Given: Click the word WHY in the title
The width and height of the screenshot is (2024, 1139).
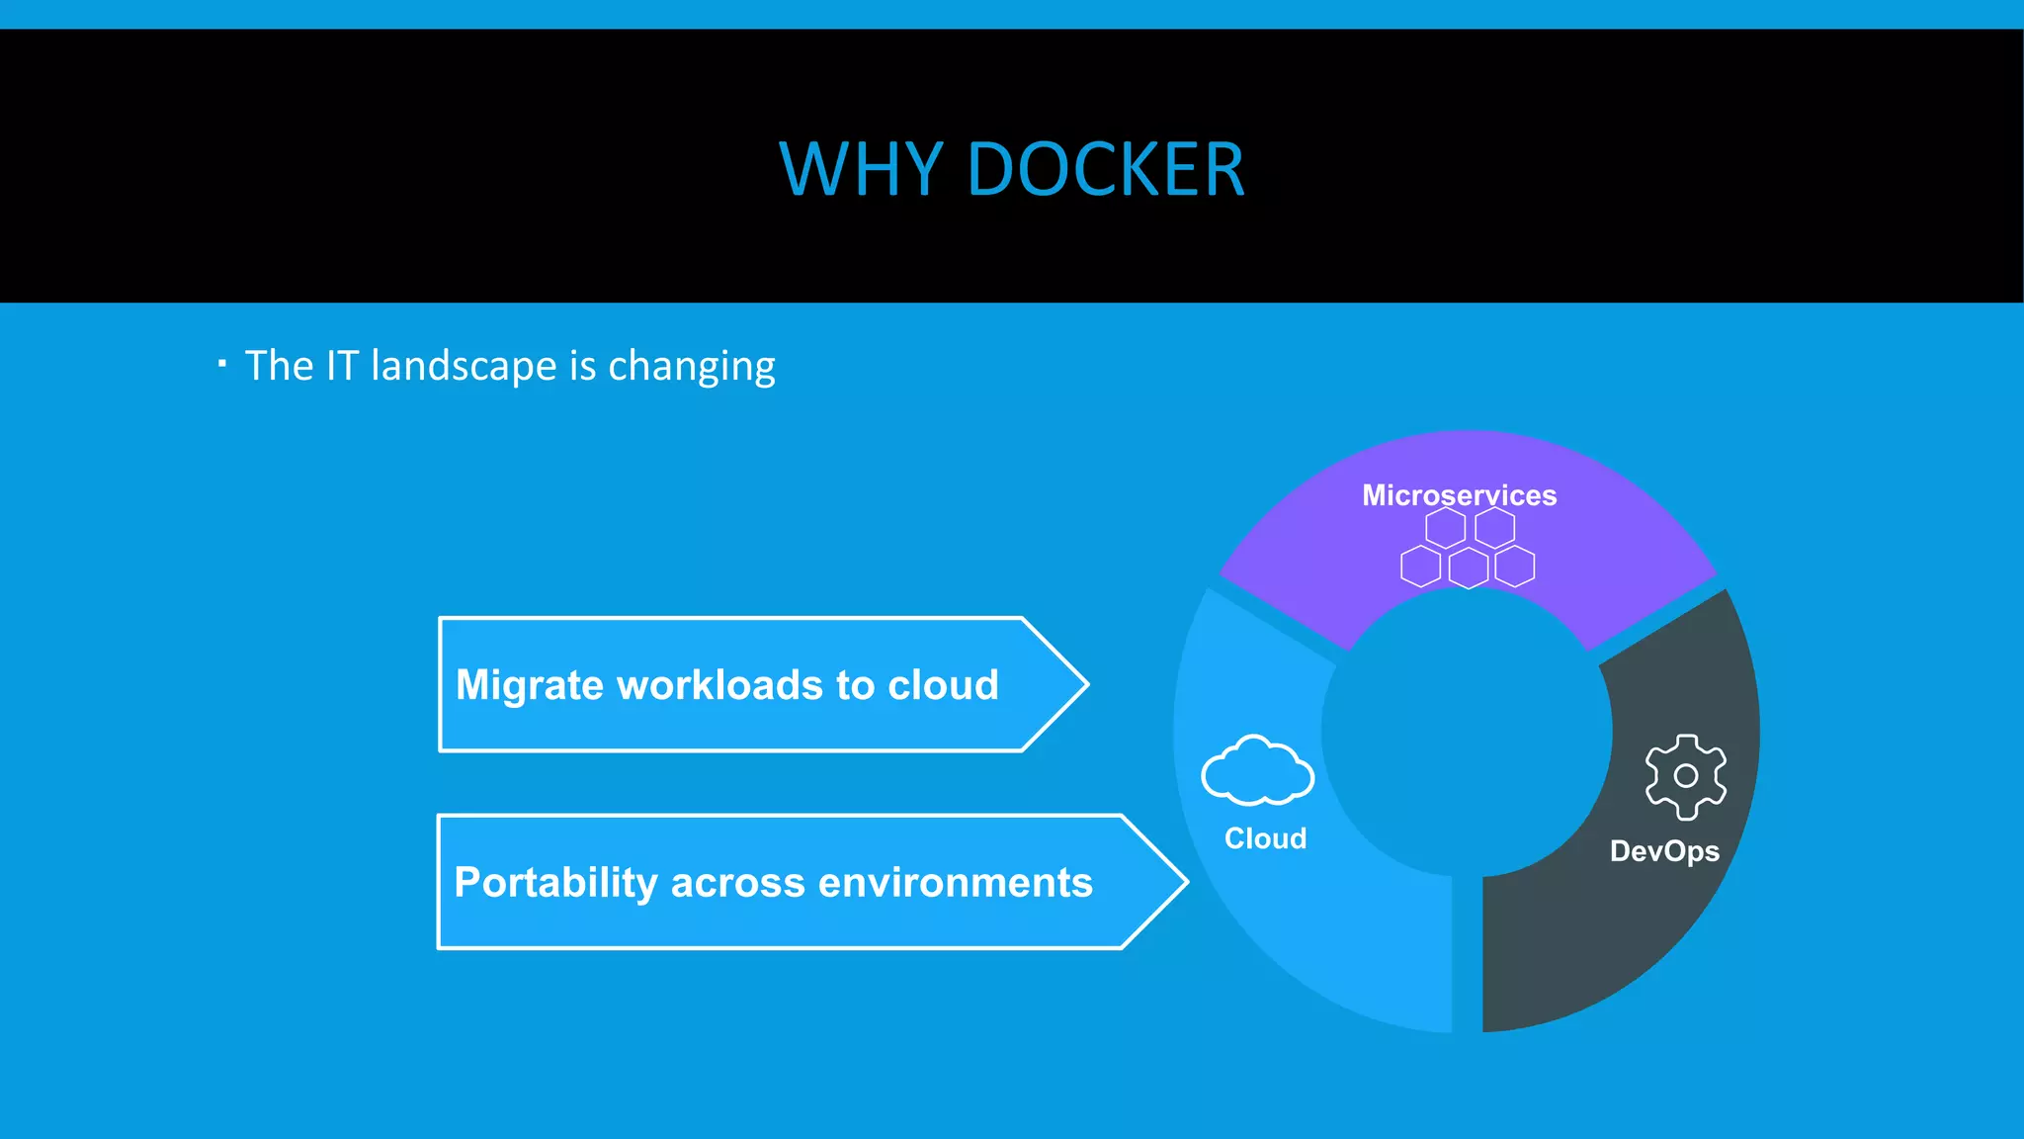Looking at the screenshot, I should tap(860, 170).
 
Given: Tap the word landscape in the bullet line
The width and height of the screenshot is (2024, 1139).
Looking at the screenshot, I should tap(464, 367).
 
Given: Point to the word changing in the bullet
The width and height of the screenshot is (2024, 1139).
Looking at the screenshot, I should tap(691, 367).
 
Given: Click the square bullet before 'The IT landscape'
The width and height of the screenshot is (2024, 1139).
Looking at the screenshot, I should tap(222, 364).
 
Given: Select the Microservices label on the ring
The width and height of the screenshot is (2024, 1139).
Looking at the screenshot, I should tap(1459, 495).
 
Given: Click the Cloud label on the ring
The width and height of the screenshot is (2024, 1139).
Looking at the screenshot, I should tap(1265, 838).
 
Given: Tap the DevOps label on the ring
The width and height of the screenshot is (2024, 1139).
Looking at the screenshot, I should tap(1664, 851).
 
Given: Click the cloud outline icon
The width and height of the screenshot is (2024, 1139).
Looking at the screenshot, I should tap(1257, 770).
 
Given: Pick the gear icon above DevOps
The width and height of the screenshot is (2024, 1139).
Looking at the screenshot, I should tap(1686, 776).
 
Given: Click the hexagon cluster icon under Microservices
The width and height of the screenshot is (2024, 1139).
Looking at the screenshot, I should tap(1468, 549).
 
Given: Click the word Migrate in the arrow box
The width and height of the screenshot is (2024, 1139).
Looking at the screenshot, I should tap(529, 686).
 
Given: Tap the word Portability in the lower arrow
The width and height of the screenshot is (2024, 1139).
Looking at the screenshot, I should tap(555, 883).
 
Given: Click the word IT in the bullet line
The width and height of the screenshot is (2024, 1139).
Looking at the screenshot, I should tap(342, 367).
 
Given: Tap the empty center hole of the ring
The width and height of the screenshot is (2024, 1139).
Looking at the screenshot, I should tap(1467, 733).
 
